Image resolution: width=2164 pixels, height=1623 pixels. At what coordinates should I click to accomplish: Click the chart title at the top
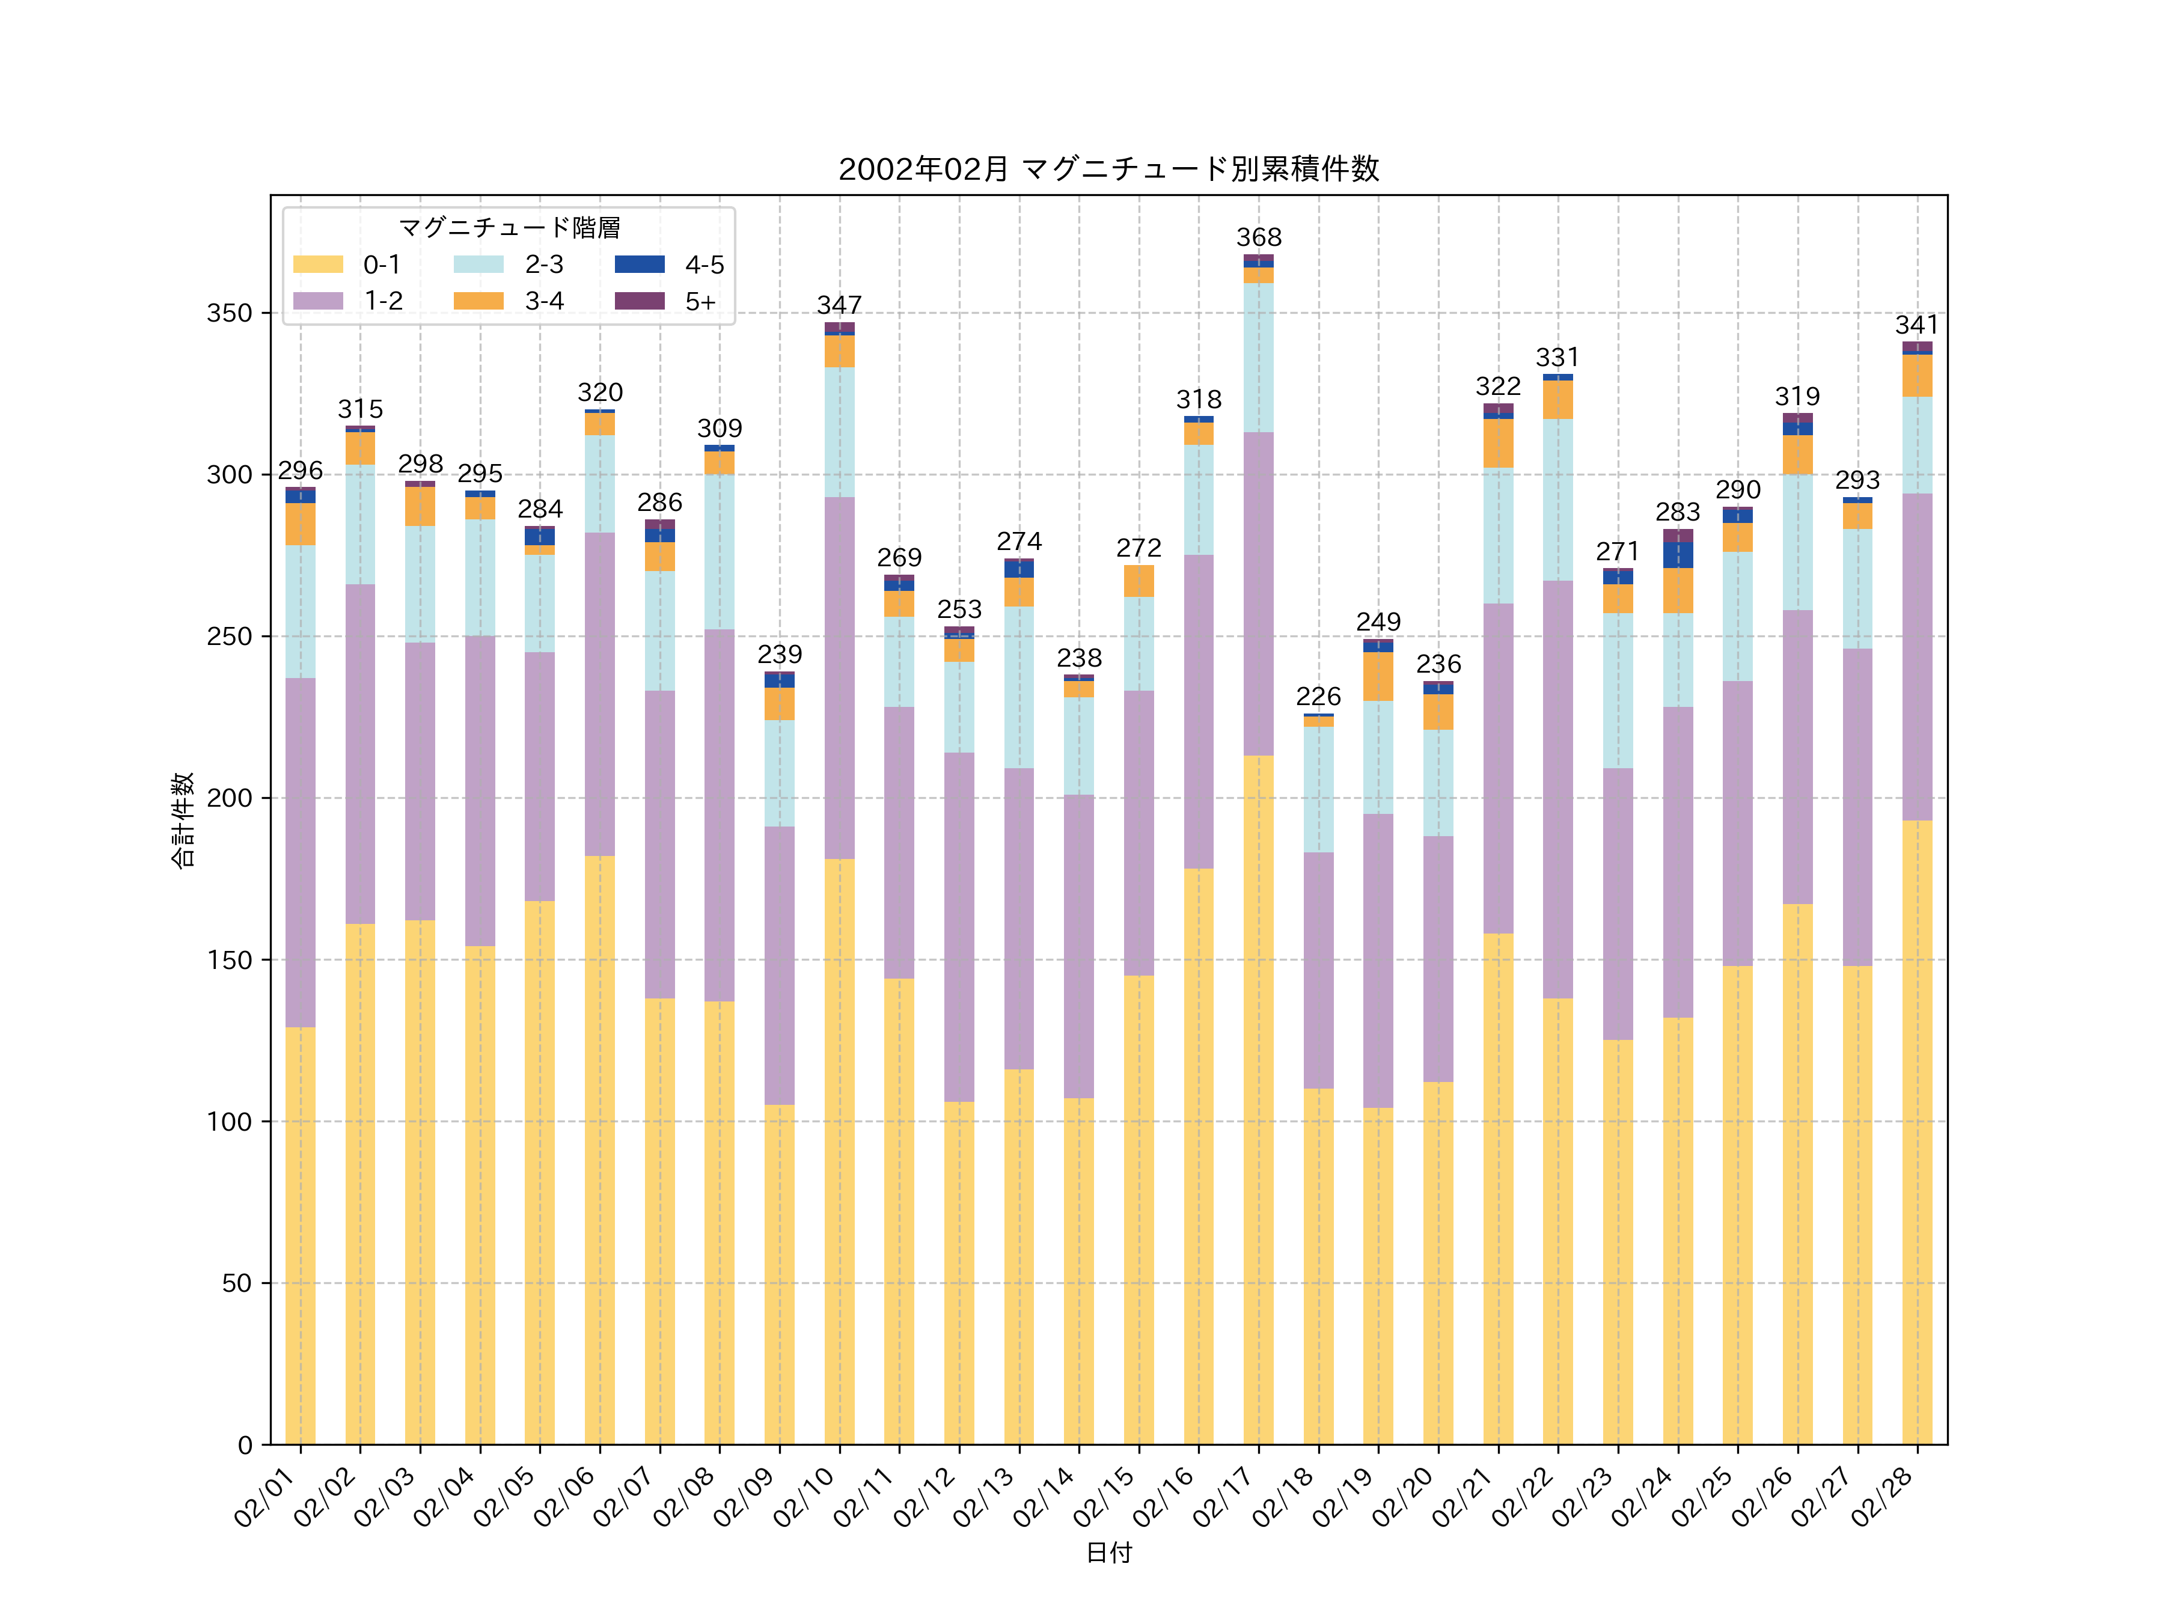click(1108, 170)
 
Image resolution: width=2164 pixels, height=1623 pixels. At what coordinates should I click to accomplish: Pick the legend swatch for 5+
click(639, 301)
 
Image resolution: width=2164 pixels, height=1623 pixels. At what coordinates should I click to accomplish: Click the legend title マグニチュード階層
click(509, 228)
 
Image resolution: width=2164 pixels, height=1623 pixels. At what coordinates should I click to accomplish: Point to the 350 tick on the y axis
click(229, 314)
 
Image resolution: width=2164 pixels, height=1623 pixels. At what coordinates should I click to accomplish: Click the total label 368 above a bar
click(1258, 237)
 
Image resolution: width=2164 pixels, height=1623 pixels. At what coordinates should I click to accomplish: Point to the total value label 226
click(1318, 697)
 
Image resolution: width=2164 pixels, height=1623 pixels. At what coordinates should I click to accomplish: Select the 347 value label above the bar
click(839, 305)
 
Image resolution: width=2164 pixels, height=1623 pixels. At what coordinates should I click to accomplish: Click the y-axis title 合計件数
click(183, 820)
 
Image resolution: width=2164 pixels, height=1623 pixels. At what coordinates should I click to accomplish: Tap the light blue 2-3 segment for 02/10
click(839, 432)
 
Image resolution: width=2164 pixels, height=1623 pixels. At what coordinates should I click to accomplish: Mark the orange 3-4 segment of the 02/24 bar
click(1678, 591)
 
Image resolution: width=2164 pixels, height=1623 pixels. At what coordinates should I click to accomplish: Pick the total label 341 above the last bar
click(1916, 325)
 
